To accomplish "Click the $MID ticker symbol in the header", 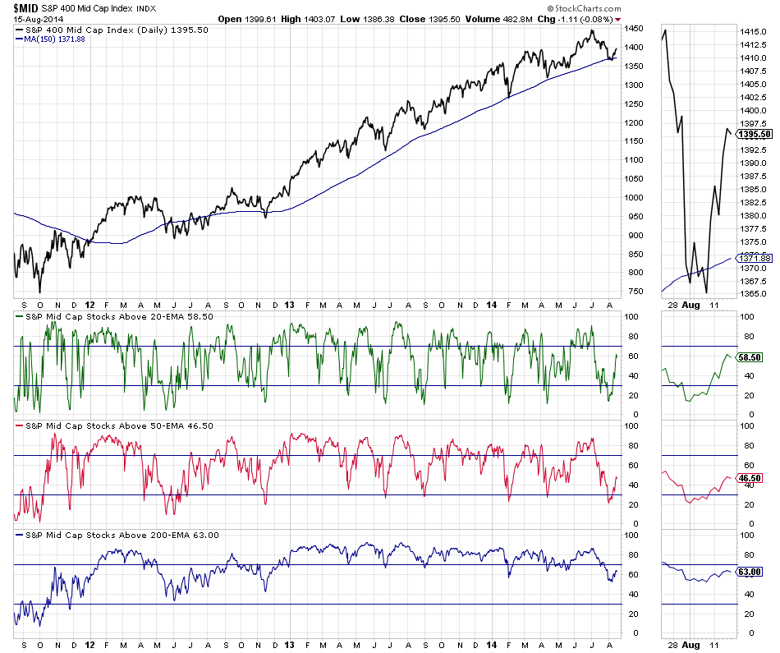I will (x=25, y=7).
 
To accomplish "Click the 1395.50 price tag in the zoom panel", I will (x=755, y=134).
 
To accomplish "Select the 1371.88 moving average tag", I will (x=755, y=258).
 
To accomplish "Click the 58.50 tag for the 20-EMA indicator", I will (x=751, y=358).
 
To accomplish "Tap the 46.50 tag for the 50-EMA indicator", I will (x=751, y=477).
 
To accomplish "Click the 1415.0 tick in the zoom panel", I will (x=751, y=31).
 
